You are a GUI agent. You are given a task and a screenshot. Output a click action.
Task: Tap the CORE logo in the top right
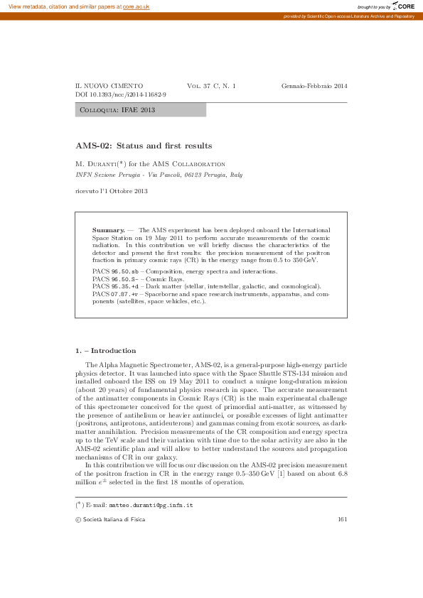tap(403, 6)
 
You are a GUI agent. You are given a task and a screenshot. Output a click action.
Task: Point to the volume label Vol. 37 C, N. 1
tap(212, 85)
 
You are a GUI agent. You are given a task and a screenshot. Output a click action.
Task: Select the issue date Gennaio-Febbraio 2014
tap(314, 85)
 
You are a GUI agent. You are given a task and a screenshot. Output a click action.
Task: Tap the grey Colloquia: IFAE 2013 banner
tap(141, 110)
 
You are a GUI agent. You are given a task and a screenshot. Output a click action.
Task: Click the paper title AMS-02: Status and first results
tap(144, 146)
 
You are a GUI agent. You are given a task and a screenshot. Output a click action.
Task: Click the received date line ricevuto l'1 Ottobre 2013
tap(112, 191)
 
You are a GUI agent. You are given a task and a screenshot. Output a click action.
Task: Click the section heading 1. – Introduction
tap(105, 350)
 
